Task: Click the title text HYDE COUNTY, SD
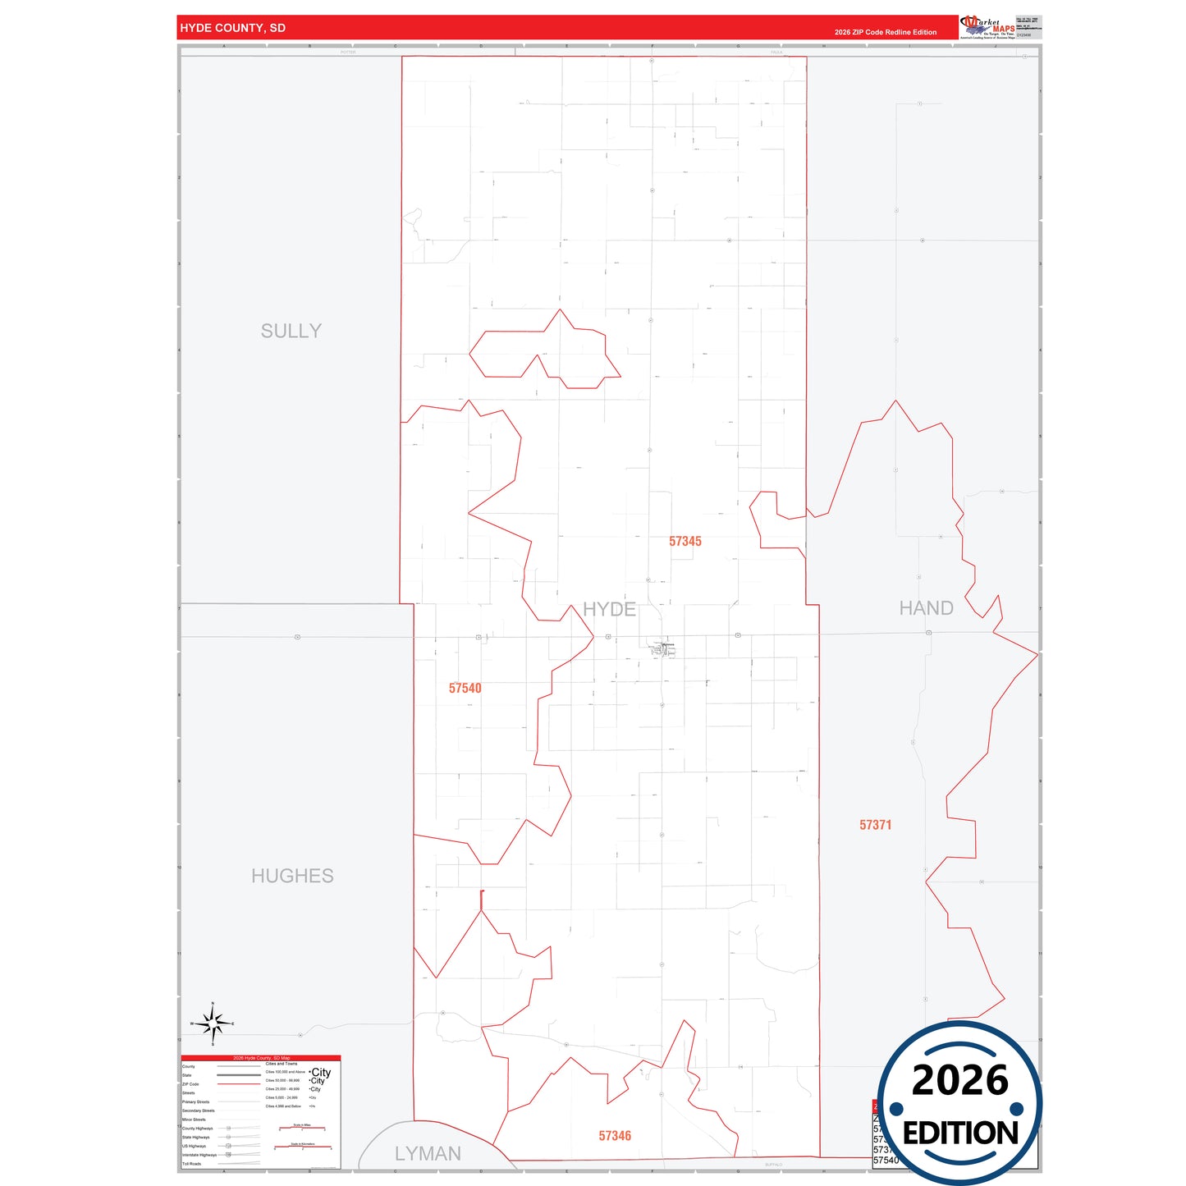pyautogui.click(x=232, y=28)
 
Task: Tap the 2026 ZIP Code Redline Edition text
pyautogui.click(x=885, y=32)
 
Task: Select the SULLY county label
pyautogui.click(x=291, y=331)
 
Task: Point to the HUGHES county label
pyautogui.click(x=292, y=876)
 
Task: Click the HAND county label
pyautogui.click(x=926, y=608)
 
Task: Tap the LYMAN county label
pyautogui.click(x=428, y=1153)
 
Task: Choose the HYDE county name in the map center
pyautogui.click(x=609, y=609)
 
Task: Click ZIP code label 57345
pyautogui.click(x=685, y=541)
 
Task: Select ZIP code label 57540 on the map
pyautogui.click(x=465, y=688)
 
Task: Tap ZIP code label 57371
pyautogui.click(x=875, y=825)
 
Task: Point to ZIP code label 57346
pyautogui.click(x=615, y=1136)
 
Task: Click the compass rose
pyautogui.click(x=213, y=1023)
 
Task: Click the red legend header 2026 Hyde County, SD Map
pyautogui.click(x=261, y=1058)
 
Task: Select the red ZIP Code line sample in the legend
pyautogui.click(x=238, y=1084)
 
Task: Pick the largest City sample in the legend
pyautogui.click(x=321, y=1072)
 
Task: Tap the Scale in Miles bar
pyautogui.click(x=302, y=1129)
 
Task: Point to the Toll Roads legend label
pyautogui.click(x=191, y=1164)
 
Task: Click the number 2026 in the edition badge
pyautogui.click(x=959, y=1080)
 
